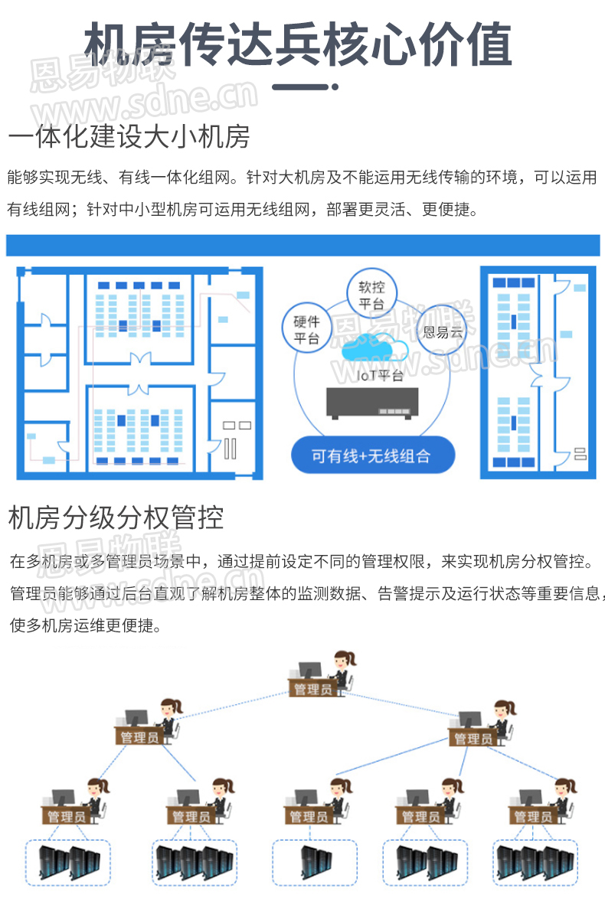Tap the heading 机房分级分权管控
pyautogui.click(x=116, y=518)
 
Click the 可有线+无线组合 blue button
pyautogui.click(x=371, y=457)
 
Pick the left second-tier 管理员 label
pyautogui.click(x=139, y=737)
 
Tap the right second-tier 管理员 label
pyautogui.click(x=473, y=738)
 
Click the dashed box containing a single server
pyautogui.click(x=315, y=863)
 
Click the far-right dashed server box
pyautogui.click(x=535, y=863)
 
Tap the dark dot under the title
pyautogui.click(x=335, y=87)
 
